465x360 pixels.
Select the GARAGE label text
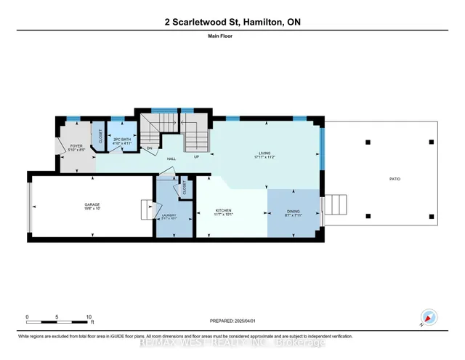pos(92,205)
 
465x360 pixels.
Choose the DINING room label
pos(293,211)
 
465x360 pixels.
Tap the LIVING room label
pos(264,153)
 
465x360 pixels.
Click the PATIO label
pos(395,178)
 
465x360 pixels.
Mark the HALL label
pos(171,157)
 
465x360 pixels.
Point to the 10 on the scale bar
pos(89,317)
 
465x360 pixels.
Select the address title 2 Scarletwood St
pos(232,22)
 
